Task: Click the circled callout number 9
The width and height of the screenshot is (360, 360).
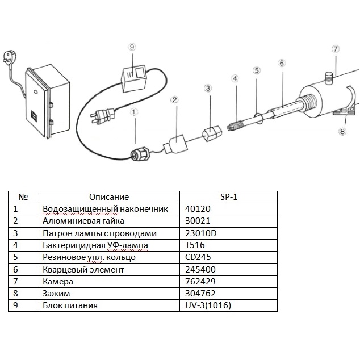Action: pyautogui.click(x=132, y=47)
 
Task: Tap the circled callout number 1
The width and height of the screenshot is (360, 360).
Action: pyautogui.click(x=134, y=112)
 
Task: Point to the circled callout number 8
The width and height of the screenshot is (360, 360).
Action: pyautogui.click(x=342, y=132)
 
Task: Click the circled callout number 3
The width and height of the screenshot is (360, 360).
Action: pyautogui.click(x=208, y=88)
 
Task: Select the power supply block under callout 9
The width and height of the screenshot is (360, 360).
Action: pyautogui.click(x=135, y=77)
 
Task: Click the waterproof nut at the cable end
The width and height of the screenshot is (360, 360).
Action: pyautogui.click(x=140, y=153)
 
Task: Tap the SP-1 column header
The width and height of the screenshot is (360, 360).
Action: pyautogui.click(x=228, y=196)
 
